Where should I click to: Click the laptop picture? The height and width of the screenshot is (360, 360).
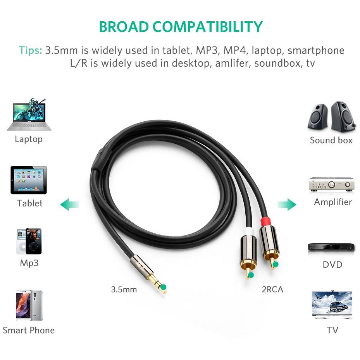click(x=29, y=115)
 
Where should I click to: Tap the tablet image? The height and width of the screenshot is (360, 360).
click(x=29, y=180)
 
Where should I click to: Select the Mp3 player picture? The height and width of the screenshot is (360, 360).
click(x=29, y=241)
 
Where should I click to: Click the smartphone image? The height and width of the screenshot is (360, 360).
click(x=29, y=306)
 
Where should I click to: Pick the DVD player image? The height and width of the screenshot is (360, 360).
click(x=331, y=248)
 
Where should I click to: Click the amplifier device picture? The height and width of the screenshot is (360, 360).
click(x=332, y=184)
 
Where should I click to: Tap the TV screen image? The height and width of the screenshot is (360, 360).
click(x=332, y=305)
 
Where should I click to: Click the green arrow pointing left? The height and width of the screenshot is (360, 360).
click(x=69, y=205)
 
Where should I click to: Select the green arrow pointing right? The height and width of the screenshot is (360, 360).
click(x=287, y=205)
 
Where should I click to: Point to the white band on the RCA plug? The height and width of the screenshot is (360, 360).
click(x=247, y=232)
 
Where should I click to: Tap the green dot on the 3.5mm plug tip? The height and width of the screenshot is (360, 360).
click(x=164, y=287)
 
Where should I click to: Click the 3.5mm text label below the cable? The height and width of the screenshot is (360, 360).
click(x=124, y=289)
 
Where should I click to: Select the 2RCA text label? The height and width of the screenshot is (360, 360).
click(x=272, y=289)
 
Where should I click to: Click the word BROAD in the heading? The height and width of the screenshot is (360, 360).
click(x=124, y=27)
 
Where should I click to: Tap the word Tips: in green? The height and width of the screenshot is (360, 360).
click(x=31, y=50)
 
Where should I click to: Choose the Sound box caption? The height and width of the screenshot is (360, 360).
click(x=331, y=140)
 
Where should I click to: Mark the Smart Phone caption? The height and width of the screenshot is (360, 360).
click(x=29, y=331)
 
